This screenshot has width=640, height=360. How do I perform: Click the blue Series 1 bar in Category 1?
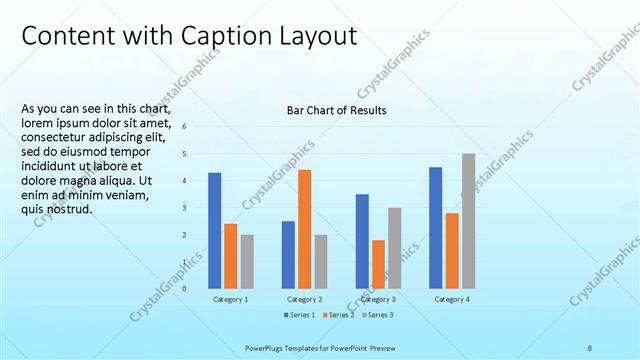(215, 231)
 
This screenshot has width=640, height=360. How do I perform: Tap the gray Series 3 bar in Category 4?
(468, 222)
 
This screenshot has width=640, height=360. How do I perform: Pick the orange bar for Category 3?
(378, 265)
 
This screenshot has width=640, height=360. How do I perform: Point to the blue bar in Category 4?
(436, 228)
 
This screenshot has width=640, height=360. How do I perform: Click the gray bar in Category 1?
(247, 262)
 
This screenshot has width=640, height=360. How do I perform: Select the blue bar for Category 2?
(288, 255)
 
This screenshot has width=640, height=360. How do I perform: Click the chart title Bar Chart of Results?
(336, 110)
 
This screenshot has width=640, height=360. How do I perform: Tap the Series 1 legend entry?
(299, 315)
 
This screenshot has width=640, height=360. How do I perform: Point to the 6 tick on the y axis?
(184, 126)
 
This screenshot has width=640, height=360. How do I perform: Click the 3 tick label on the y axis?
(184, 208)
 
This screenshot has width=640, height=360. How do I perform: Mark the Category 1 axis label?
(231, 299)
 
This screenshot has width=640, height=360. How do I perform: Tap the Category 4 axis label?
(452, 299)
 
